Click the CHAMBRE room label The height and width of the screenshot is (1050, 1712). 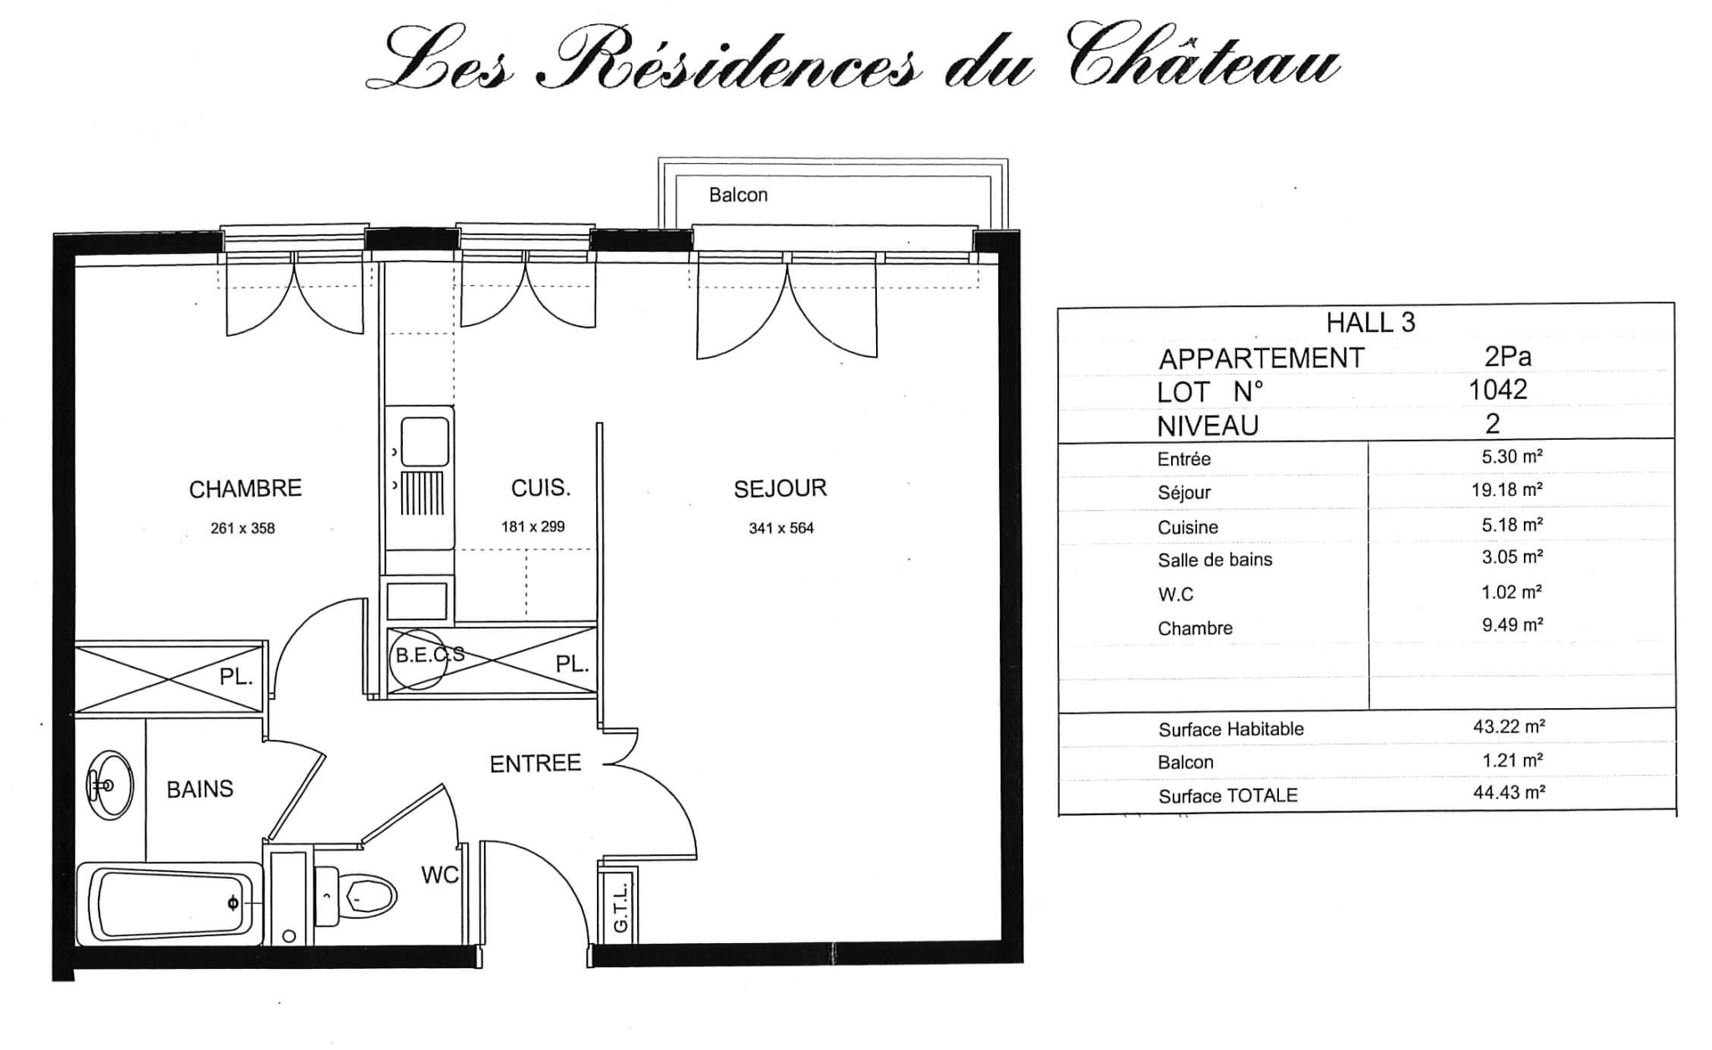tap(245, 488)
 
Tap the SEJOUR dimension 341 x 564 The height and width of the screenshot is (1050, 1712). tap(781, 528)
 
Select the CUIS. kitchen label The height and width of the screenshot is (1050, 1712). tap(541, 487)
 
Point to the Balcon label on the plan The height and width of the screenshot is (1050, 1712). tap(738, 195)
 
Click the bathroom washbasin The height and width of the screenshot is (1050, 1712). tap(110, 786)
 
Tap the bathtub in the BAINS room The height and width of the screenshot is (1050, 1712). tap(169, 904)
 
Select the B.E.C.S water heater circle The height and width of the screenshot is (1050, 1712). tap(417, 660)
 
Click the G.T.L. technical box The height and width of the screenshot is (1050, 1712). tap(619, 908)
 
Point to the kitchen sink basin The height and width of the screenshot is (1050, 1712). tap(425, 441)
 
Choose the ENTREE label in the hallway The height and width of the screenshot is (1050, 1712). tap(535, 763)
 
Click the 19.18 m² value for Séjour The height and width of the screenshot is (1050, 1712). tap(1507, 490)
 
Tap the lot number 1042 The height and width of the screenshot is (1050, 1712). tap(1498, 390)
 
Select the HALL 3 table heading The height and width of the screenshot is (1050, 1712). tap(1371, 323)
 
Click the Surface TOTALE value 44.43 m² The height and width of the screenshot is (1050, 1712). tap(1509, 792)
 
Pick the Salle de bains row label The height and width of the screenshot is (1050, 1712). tap(1215, 560)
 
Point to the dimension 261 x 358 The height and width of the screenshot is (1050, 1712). tap(242, 528)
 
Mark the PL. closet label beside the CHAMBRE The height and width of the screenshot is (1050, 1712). tap(237, 677)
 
